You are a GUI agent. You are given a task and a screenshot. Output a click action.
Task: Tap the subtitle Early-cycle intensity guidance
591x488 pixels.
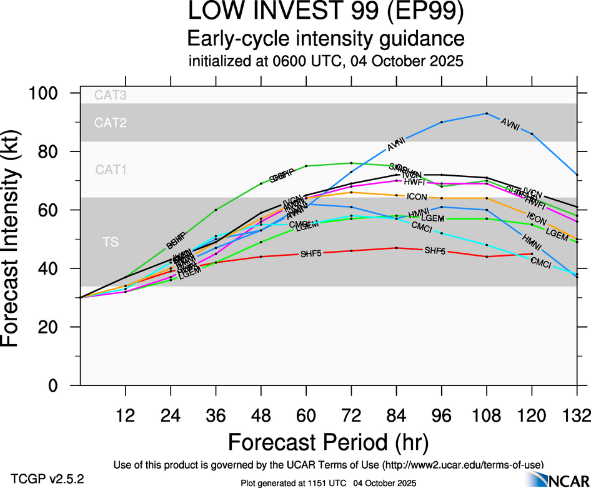coord(325,38)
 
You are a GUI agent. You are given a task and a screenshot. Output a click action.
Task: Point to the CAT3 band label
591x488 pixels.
coord(110,96)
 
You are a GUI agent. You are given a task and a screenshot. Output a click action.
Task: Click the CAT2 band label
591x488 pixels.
coord(110,123)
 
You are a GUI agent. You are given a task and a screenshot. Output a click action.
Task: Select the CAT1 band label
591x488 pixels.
coord(110,169)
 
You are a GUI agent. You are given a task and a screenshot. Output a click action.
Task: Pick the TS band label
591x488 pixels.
coord(110,242)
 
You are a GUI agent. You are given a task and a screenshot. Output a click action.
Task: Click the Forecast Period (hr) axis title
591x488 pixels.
coord(328,442)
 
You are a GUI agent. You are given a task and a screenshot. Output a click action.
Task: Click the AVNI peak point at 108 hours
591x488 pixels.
coord(487,113)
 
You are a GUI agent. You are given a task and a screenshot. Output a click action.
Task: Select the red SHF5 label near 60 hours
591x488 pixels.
coord(311,254)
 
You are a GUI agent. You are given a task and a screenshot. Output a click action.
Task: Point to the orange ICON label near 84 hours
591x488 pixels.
coord(417,196)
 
